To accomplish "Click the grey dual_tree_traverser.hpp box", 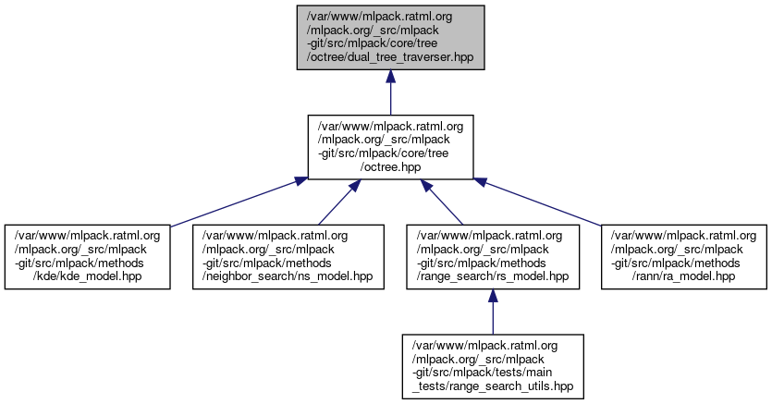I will point(390,37).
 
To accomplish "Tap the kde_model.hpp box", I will point(87,256).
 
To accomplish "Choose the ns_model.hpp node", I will point(288,256).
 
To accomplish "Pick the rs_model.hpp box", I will point(491,256).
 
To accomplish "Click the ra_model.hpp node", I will point(684,256).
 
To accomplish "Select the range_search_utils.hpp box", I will point(492,366).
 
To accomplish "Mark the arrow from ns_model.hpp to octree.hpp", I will point(337,202).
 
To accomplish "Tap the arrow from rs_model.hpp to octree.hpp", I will point(443,202).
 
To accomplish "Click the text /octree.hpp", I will point(390,167).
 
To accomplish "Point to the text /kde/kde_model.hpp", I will point(87,276).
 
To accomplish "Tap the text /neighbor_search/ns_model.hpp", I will point(288,276).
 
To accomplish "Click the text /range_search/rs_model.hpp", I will point(491,276).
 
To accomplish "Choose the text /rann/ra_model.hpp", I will point(684,276).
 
